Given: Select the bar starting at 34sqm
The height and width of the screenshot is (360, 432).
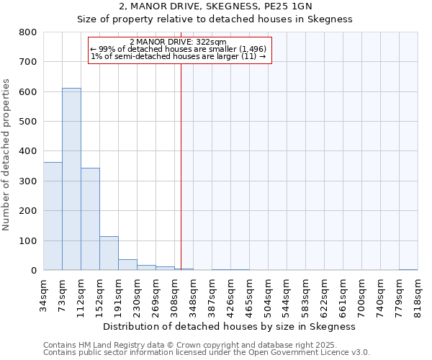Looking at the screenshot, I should (53, 216).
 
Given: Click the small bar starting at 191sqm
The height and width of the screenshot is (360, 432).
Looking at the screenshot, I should (127, 264).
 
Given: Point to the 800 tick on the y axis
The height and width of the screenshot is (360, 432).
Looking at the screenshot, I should (28, 32).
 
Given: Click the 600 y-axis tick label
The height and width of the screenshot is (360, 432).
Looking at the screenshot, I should (28, 92).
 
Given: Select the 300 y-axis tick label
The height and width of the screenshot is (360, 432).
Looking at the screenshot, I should (28, 181).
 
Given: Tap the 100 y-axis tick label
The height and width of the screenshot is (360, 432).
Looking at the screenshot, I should (28, 241).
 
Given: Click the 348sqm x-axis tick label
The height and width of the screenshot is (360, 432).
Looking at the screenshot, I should (193, 294).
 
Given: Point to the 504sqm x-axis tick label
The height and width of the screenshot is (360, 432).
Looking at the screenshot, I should (268, 294).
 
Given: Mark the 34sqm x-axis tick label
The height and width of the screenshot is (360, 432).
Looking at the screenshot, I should (43, 294).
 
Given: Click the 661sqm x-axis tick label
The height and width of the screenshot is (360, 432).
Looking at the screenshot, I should (343, 294).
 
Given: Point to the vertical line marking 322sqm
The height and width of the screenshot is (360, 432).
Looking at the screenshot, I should (181, 166).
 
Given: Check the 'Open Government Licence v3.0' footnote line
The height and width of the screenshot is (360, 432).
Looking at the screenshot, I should (207, 353).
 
